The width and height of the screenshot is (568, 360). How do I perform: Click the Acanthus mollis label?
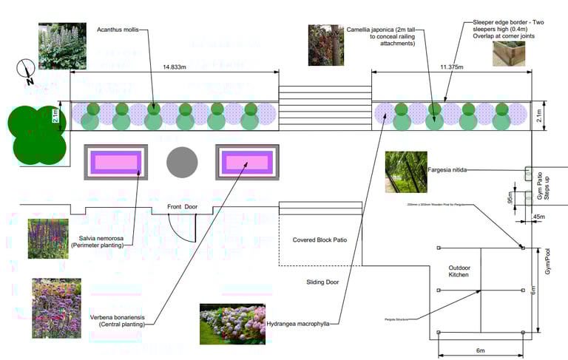pyautogui.click(x=116, y=30)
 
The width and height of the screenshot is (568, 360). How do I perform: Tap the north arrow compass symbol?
pyautogui.click(x=26, y=72)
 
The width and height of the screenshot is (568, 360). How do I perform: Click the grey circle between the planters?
pyautogui.click(x=182, y=162)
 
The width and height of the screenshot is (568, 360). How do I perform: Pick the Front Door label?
pyautogui.click(x=182, y=206)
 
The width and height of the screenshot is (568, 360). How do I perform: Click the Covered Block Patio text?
pyautogui.click(x=319, y=240)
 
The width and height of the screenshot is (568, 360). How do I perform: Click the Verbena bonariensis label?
pyautogui.click(x=117, y=321)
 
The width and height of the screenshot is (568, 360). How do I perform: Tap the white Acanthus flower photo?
pyautogui.click(x=62, y=46)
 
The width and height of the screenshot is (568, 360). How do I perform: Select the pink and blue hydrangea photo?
pyautogui.click(x=232, y=324)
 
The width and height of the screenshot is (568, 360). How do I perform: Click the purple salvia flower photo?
pyautogui.click(x=48, y=239)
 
